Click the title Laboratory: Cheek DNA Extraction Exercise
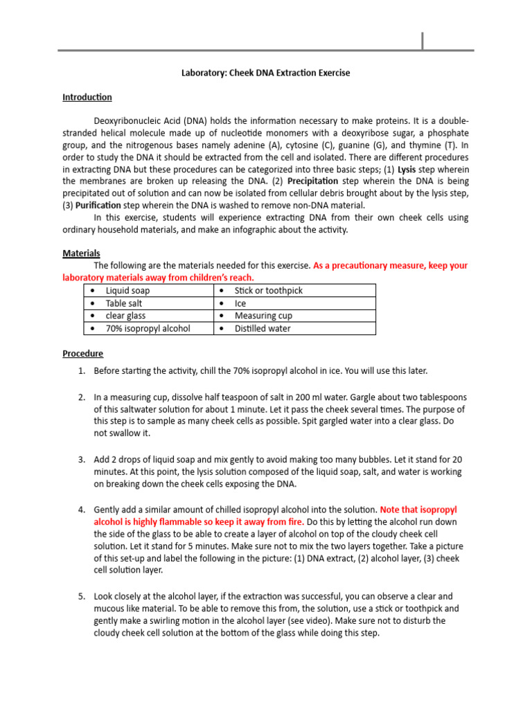266,73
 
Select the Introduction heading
87,98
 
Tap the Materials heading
82,253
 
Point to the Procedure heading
83,353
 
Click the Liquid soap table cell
127,291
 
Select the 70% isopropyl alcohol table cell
148,328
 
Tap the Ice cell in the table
240,303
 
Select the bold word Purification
98,206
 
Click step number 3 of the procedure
82,460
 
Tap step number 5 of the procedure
82,596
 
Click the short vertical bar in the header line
423,42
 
